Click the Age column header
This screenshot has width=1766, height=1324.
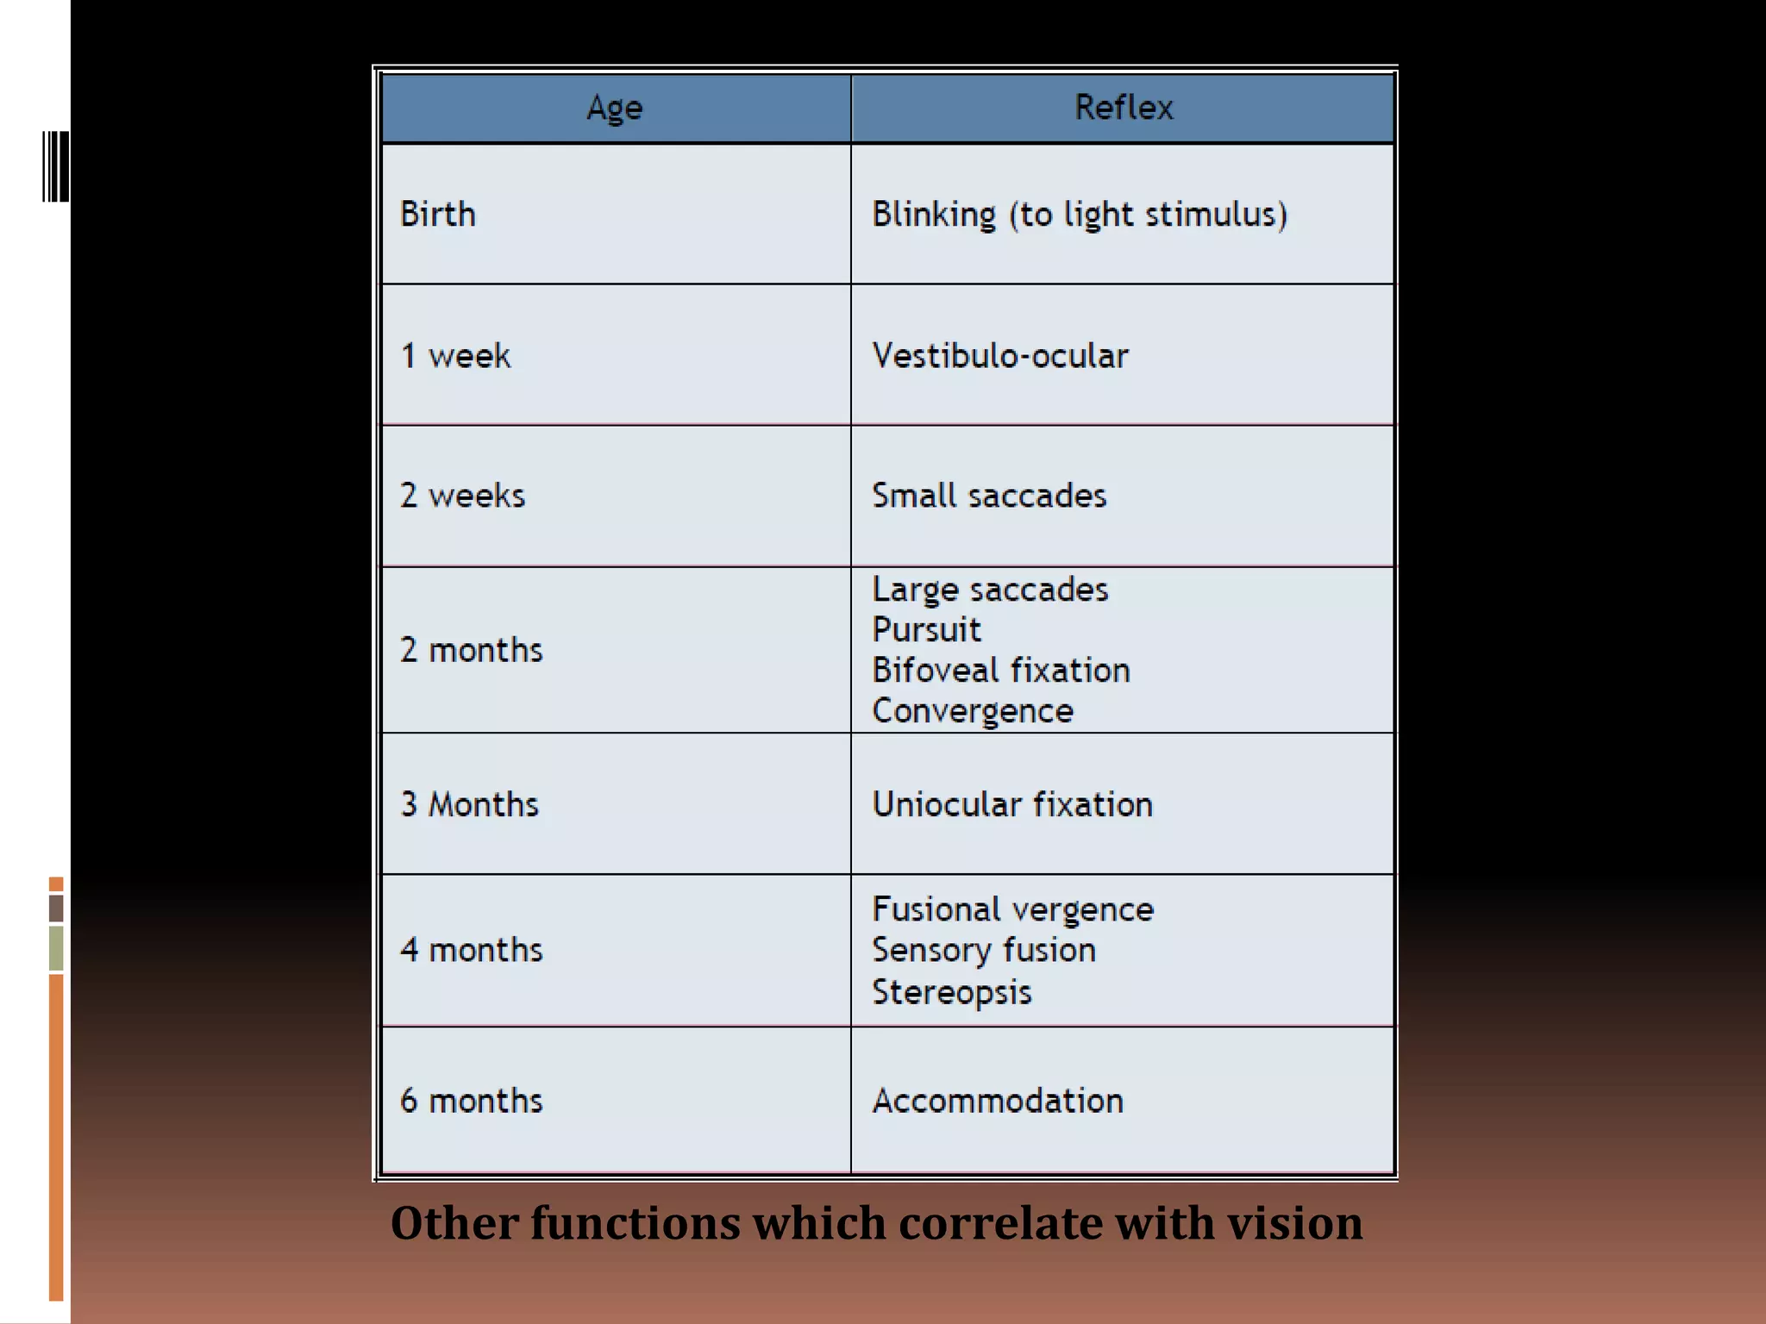[615, 108]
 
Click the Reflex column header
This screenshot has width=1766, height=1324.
[1123, 108]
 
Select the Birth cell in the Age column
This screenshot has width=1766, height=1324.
[438, 214]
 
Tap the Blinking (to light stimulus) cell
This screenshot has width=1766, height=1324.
[1080, 215]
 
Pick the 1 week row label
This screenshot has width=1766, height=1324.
[455, 355]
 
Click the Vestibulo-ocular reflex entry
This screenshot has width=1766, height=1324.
[1000, 355]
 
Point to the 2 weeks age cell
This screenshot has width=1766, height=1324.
[462, 496]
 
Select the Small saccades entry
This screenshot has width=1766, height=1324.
[989, 496]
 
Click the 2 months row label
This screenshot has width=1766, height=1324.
[471, 650]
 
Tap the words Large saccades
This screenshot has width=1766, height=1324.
[990, 590]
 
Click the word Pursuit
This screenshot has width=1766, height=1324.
[926, 630]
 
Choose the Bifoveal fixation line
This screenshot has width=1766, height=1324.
[1000, 671]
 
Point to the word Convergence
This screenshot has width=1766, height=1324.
[973, 711]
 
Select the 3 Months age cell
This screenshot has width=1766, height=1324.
[469, 804]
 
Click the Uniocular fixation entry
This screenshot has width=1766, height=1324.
[1012, 804]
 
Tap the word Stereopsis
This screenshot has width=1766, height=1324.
[951, 992]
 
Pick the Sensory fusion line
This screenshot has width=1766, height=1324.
[984, 950]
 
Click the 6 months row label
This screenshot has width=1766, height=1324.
[471, 1101]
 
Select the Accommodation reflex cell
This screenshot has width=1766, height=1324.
[998, 1101]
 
